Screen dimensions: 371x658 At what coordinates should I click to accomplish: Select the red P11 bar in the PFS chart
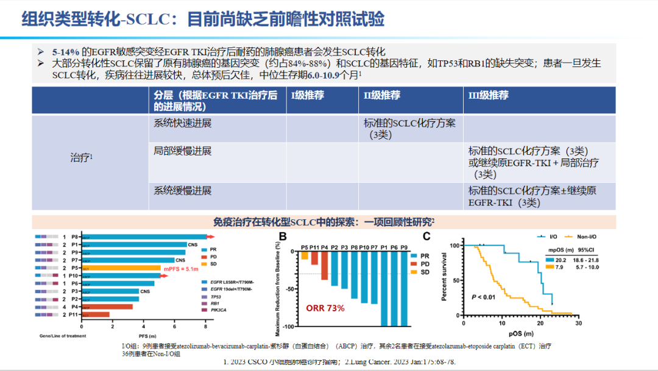[x=96, y=314]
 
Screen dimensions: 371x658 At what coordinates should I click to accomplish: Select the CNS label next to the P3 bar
[x=145, y=291]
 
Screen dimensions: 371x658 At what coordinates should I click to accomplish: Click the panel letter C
[x=426, y=236]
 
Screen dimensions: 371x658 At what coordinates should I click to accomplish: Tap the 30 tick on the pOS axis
[x=578, y=323]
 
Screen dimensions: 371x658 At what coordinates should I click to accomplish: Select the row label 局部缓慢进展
[x=183, y=150]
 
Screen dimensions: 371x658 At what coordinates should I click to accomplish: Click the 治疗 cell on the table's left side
[x=81, y=158]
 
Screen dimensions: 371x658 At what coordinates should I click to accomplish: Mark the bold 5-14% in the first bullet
[x=66, y=52]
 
